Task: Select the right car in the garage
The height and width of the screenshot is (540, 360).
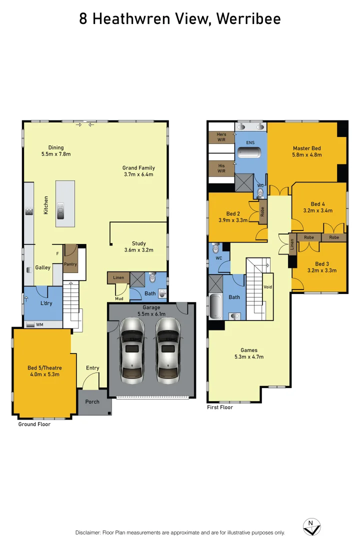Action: coord(168,348)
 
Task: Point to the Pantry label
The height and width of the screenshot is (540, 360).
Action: coord(70,264)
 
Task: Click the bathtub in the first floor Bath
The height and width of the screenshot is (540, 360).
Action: coord(215,306)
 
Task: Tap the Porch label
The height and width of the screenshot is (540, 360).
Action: coord(92,401)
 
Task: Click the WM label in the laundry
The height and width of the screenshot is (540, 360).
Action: coord(39,324)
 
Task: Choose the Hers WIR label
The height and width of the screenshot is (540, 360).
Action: coord(221,136)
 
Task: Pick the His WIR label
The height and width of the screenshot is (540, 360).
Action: coord(221,168)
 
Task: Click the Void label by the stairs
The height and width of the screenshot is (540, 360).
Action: coord(267,287)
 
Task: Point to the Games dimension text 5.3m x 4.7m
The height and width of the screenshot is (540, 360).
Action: coord(248,357)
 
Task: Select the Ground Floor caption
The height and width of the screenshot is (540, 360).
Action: coord(34,424)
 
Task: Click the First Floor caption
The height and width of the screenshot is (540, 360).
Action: coord(220,407)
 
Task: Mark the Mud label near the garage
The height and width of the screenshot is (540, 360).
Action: coord(119,298)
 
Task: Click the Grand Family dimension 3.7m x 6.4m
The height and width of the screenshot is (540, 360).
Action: coord(138,174)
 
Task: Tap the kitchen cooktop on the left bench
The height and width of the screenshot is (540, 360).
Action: coord(29,211)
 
